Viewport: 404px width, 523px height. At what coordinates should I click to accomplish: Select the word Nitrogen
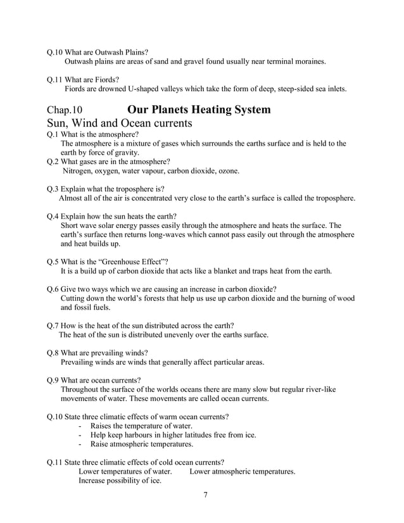79,171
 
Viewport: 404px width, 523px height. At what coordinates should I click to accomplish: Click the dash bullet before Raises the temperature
80,427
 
